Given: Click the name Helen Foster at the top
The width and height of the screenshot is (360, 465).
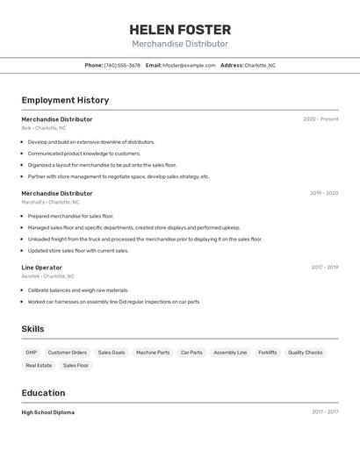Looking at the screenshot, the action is coord(180,29).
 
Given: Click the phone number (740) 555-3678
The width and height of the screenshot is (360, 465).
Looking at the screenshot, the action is coord(122,65).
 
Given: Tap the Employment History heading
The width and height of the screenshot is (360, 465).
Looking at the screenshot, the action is coord(65,100).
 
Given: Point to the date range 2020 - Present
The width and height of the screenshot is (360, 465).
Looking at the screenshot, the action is coord(320,119).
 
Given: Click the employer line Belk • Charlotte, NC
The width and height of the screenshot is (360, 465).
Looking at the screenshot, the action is coord(44,128).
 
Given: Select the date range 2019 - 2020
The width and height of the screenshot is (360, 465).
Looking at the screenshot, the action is coord(324,193).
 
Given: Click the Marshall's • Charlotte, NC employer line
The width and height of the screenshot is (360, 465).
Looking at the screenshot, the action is coord(50,202).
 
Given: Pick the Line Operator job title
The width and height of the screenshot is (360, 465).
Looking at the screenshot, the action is coord(42,268).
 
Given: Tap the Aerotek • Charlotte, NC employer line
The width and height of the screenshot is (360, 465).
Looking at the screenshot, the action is coord(48,276).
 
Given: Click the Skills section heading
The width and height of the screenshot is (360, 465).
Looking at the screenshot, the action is coord(33,329).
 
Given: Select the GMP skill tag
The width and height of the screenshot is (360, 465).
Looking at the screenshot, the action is coord(32,353).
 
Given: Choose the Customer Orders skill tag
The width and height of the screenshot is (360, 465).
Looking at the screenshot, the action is coord(68,353).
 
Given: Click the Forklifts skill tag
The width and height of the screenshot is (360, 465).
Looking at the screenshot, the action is coord(268,353).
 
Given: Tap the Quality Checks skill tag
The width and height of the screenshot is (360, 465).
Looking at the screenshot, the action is coord(306,353).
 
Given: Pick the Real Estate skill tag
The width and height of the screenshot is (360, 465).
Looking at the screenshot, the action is coord(39,366).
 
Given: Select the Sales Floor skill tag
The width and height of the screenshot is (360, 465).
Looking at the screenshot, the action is coord(76,366).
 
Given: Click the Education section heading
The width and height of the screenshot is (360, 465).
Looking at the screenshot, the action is coord(43,393).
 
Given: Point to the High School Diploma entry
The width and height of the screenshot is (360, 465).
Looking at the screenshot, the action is coord(48,412).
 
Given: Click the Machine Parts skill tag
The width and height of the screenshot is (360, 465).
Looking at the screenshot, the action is coord(153,353).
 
